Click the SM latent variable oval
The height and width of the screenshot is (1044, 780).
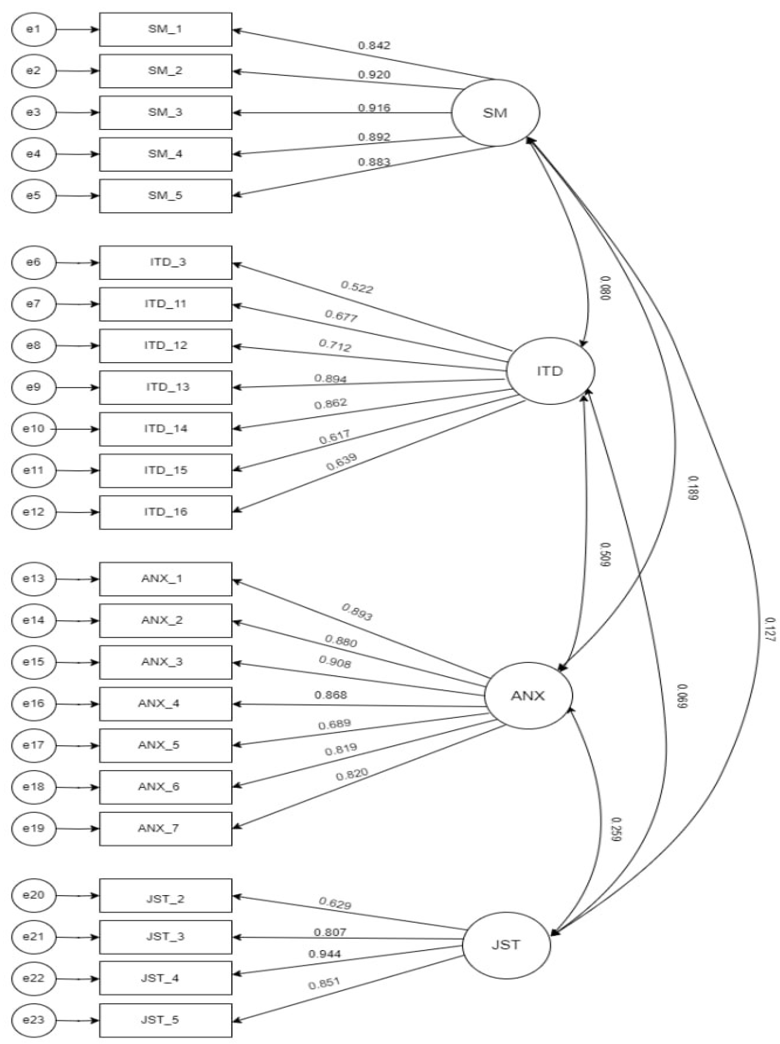click(495, 113)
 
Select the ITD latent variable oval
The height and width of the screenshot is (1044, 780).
click(550, 371)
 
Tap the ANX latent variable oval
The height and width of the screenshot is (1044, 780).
click(528, 696)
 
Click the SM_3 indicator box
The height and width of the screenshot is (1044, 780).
click(165, 112)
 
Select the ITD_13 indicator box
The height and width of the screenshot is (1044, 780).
click(165, 387)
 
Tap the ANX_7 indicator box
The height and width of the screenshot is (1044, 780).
click(165, 828)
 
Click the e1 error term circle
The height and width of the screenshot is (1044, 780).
click(34, 29)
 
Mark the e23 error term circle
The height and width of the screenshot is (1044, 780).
click(34, 1020)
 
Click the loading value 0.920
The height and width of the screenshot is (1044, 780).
click(374, 75)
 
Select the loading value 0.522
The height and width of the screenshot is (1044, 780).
click(357, 287)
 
